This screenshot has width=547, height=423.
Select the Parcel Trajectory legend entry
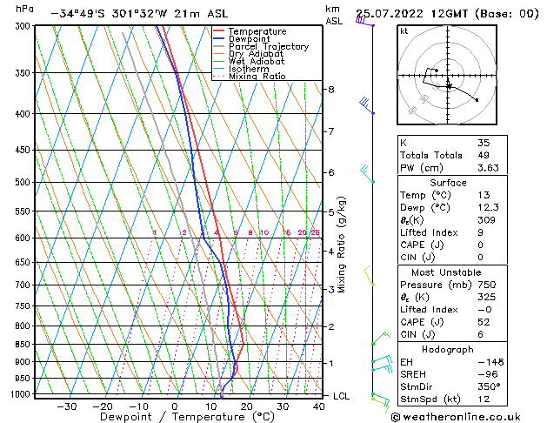(x=261, y=47)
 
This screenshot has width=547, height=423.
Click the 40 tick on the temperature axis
(x=319, y=406)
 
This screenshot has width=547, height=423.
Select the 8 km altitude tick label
(x=330, y=90)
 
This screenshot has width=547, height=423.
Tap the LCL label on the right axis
(x=342, y=396)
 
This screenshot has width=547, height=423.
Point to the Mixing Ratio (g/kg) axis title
(x=343, y=245)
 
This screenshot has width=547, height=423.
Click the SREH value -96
(x=487, y=373)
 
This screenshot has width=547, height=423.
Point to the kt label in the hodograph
(x=404, y=30)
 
